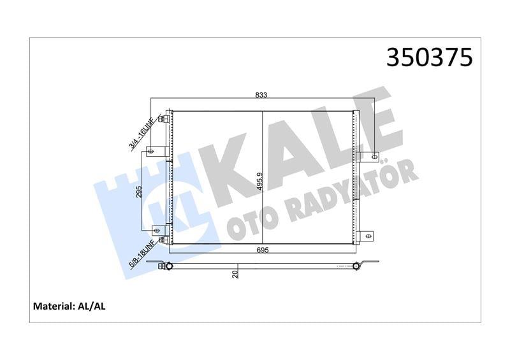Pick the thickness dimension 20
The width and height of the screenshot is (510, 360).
235,273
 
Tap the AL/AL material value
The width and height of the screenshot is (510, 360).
94,306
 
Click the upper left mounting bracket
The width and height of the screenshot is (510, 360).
153,151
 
